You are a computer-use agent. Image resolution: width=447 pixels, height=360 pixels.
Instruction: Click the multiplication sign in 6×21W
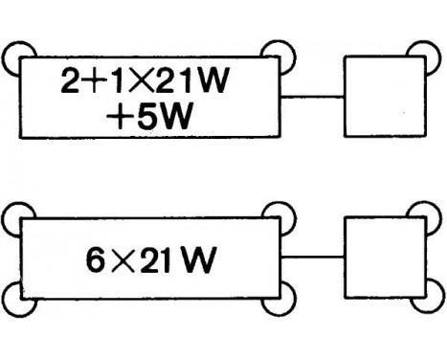(x=123, y=259)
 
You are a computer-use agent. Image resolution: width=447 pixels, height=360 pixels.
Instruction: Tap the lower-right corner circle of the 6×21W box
(x=277, y=298)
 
